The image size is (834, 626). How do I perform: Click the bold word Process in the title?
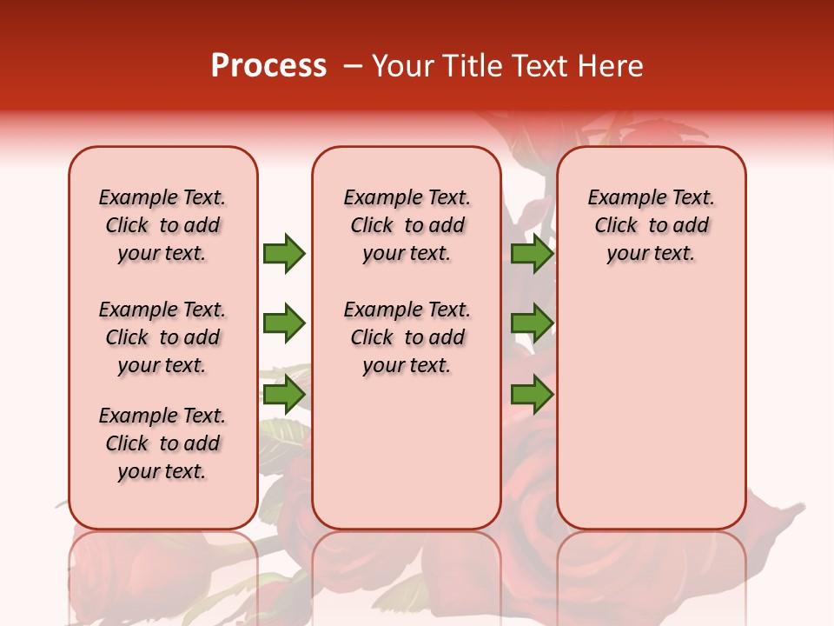pyautogui.click(x=268, y=66)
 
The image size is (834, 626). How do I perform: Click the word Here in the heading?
pyautogui.click(x=610, y=66)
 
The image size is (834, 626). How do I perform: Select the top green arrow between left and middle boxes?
pyautogui.click(x=284, y=253)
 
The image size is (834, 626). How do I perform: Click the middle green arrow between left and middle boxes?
pyautogui.click(x=284, y=323)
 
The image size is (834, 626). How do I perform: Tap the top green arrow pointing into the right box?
pyautogui.click(x=532, y=253)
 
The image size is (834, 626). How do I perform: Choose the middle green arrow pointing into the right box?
pyautogui.click(x=532, y=323)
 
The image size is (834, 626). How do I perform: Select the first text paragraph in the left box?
pyautogui.click(x=162, y=225)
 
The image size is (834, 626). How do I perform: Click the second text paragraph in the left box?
pyautogui.click(x=162, y=337)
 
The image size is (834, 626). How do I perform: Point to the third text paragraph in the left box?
pyautogui.click(x=162, y=443)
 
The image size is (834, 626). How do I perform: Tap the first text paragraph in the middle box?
pyautogui.click(x=407, y=225)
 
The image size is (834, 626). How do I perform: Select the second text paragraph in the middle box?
pyautogui.click(x=407, y=337)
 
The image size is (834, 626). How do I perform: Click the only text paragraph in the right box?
pyautogui.click(x=651, y=225)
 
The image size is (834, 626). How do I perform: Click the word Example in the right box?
pyautogui.click(x=619, y=198)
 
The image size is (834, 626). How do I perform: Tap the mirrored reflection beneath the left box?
pyautogui.click(x=162, y=574)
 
